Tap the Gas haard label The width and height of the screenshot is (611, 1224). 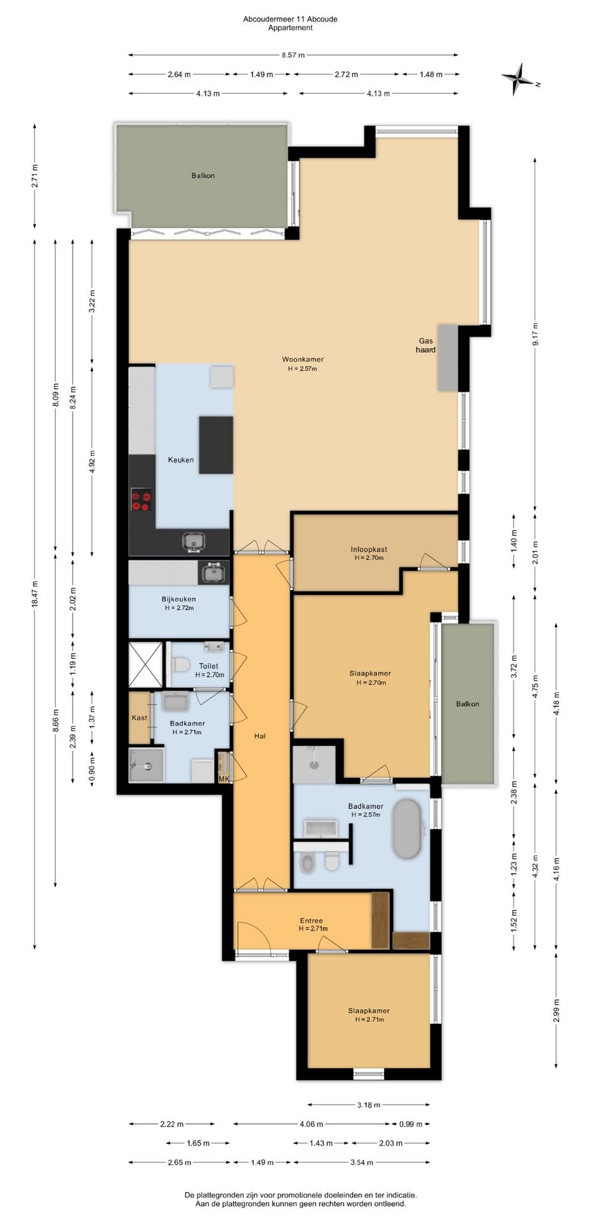(426, 345)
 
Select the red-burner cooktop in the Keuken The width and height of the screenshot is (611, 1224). (142, 499)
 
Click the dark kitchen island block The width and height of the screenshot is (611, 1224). (216, 444)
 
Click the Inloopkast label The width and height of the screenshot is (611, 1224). (369, 549)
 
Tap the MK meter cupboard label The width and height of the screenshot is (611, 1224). (224, 778)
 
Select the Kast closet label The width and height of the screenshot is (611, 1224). (139, 717)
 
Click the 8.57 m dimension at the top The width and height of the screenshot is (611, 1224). (293, 55)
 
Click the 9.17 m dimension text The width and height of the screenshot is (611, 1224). (536, 335)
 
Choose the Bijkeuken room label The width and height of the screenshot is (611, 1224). (179, 599)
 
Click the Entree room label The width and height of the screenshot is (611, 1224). (311, 920)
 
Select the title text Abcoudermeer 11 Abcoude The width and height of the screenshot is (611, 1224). (290, 19)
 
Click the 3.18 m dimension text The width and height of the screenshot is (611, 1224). (369, 1105)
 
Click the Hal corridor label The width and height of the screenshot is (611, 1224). (260, 736)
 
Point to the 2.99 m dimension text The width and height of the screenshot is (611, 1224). (557, 1011)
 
